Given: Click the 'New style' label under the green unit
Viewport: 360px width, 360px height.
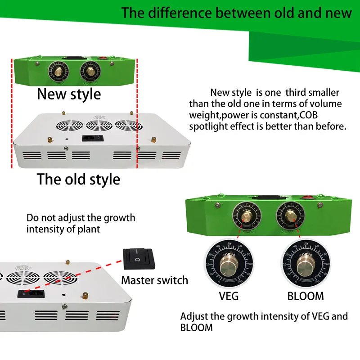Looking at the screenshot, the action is (x=69, y=94).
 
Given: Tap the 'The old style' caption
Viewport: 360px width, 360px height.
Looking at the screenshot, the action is (x=78, y=179).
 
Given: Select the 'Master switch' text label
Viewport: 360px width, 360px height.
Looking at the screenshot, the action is (x=154, y=280).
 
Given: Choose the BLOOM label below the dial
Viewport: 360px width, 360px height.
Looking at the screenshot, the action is (x=306, y=296).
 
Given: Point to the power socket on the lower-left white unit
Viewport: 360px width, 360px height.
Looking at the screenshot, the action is (x=27, y=294).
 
